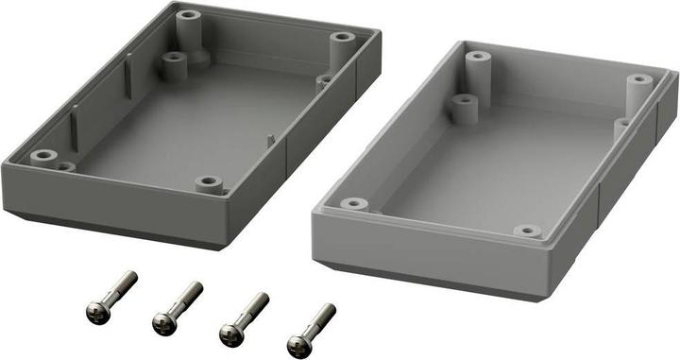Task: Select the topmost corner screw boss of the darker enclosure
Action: [188, 17]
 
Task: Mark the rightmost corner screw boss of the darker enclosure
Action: [342, 39]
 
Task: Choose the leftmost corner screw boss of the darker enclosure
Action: [42, 156]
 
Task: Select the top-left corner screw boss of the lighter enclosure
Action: [479, 58]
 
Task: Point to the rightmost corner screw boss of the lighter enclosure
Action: [639, 82]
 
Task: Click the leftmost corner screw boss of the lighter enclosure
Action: [353, 203]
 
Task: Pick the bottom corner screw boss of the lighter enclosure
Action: [527, 231]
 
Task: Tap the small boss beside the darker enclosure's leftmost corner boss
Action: [65, 166]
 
